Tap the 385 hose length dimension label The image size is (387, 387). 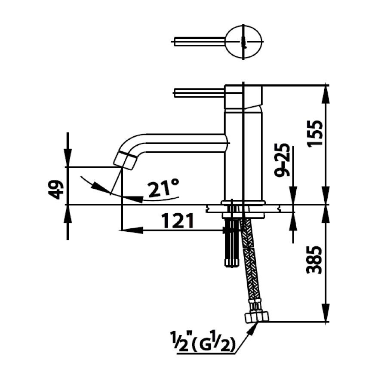click(x=314, y=260)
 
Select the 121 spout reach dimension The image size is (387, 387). click(x=178, y=221)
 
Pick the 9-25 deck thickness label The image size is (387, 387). click(x=281, y=160)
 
